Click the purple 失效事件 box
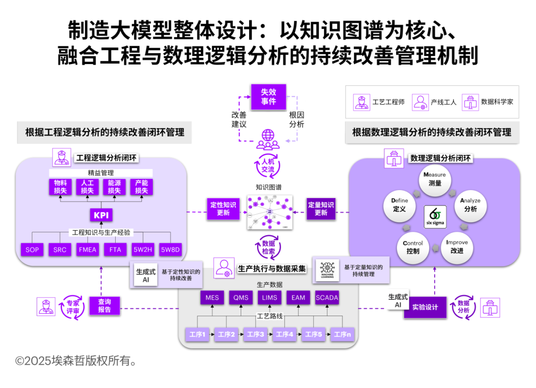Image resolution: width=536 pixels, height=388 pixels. coord(268,97)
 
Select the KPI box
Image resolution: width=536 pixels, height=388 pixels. coord(101,215)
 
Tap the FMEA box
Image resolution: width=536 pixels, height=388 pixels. coord(87,250)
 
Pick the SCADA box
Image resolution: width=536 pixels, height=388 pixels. coord(327,298)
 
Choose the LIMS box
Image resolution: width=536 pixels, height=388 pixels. coord(269,298)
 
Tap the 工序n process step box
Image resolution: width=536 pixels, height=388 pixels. coord(342,334)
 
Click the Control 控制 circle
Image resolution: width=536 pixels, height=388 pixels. coord(412,247)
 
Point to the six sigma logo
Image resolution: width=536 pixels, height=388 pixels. coord(434,216)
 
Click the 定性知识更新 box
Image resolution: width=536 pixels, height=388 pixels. coord(223,208)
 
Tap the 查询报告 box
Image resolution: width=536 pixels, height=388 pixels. coord(104,306)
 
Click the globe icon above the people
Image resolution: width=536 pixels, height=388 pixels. coord(268,134)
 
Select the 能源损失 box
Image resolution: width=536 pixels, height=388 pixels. coord(114,187)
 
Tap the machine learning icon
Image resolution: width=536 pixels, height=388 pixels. coord(327,270)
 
